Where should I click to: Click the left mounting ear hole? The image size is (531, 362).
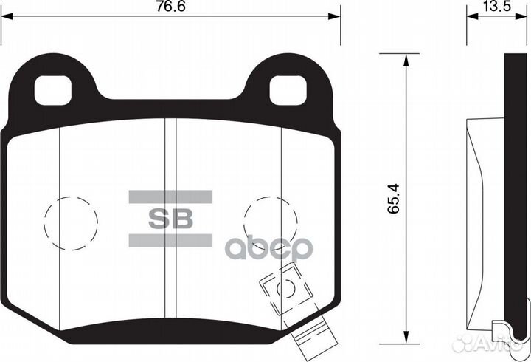(55, 90)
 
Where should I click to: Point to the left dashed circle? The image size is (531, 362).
(71, 220)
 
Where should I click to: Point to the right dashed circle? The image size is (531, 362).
(270, 220)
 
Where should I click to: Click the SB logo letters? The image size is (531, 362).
(171, 219)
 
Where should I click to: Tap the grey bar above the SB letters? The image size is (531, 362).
(171, 197)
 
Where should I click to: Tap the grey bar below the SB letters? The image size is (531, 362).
(171, 241)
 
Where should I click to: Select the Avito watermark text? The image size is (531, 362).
(497, 341)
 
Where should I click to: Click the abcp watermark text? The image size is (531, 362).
(270, 248)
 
